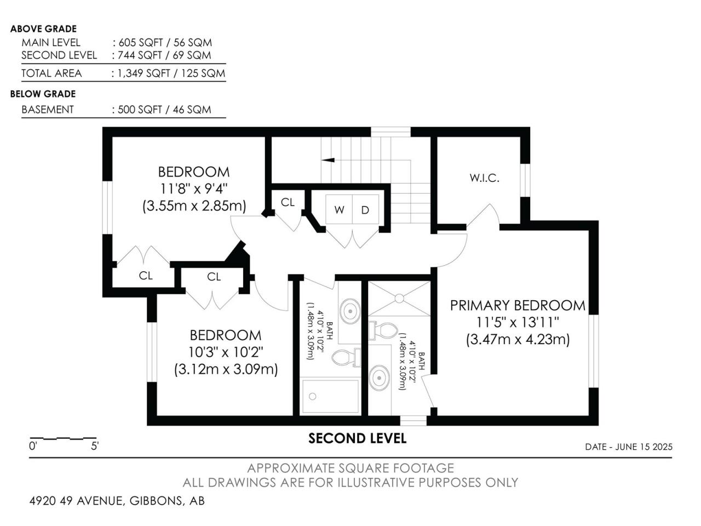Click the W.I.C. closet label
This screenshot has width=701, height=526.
pyautogui.click(x=484, y=178)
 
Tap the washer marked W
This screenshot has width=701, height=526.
pyautogui.click(x=339, y=209)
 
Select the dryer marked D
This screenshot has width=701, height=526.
pyautogui.click(x=365, y=209)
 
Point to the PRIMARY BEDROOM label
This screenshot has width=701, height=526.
pyautogui.click(x=518, y=305)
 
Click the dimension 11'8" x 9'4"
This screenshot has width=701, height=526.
pyautogui.click(x=193, y=188)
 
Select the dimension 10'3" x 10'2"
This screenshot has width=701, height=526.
pyautogui.click(x=226, y=352)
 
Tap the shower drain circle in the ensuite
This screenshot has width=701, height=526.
pyautogui.click(x=399, y=298)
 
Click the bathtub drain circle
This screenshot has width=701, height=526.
pyautogui.click(x=313, y=396)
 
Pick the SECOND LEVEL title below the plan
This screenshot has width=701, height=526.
pyautogui.click(x=358, y=438)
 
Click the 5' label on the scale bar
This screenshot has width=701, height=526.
pyautogui.click(x=95, y=446)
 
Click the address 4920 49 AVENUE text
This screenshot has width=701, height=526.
pyautogui.click(x=76, y=500)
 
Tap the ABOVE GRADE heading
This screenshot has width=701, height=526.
pyautogui.click(x=43, y=28)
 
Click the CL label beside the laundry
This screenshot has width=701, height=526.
pyautogui.click(x=288, y=202)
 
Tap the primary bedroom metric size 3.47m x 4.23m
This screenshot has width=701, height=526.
pyautogui.click(x=518, y=339)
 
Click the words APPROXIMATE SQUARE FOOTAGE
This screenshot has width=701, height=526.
pyautogui.click(x=350, y=468)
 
